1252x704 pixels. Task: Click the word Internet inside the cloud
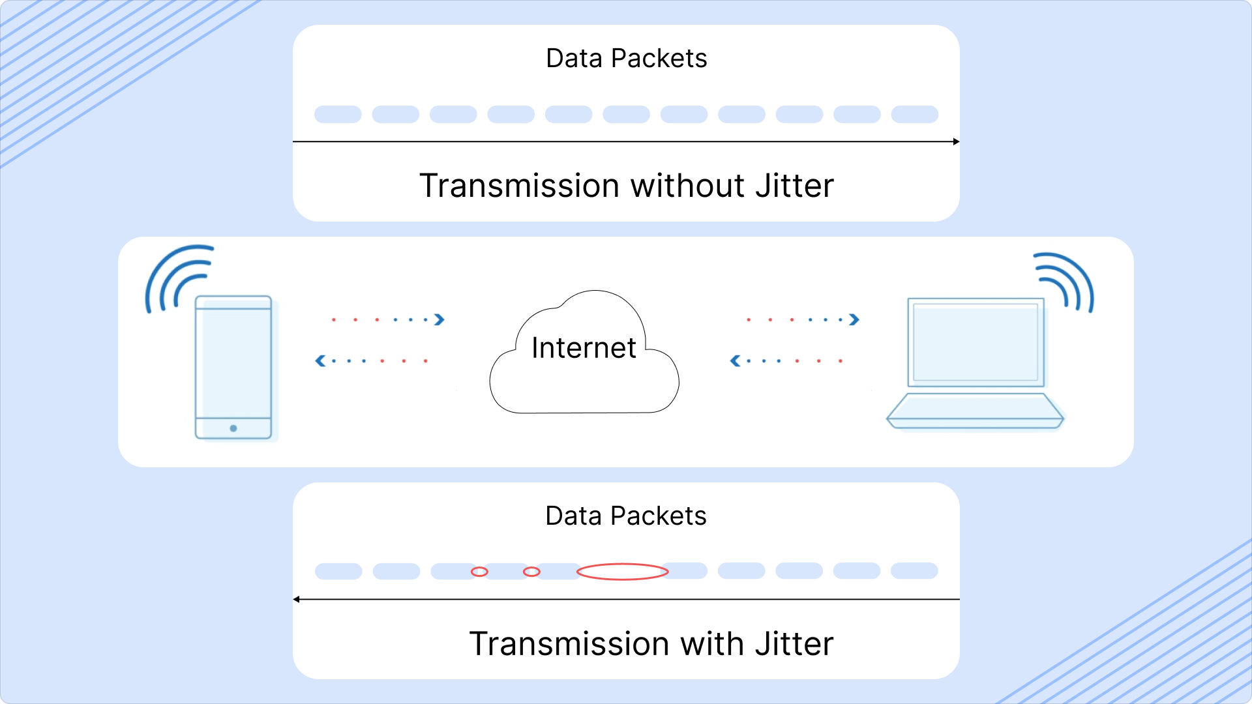(x=584, y=347)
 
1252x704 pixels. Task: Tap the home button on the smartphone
(x=233, y=428)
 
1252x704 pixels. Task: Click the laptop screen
(x=976, y=342)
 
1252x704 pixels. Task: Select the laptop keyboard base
(x=975, y=411)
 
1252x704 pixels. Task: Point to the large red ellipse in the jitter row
(x=623, y=572)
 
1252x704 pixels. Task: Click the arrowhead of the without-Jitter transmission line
(x=956, y=141)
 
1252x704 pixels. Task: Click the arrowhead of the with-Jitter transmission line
(x=297, y=599)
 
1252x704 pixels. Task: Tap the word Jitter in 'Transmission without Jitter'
(x=794, y=186)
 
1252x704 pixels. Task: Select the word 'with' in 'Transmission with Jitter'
(x=712, y=644)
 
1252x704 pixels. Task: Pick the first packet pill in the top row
(x=338, y=115)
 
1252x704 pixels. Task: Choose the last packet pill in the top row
(x=914, y=115)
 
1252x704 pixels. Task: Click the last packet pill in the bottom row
(x=914, y=571)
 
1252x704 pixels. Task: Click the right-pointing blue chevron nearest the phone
(x=440, y=319)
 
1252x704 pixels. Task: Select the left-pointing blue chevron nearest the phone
(x=320, y=360)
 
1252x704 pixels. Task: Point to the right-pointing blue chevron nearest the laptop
(x=854, y=319)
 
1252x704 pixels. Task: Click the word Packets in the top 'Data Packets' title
(x=659, y=59)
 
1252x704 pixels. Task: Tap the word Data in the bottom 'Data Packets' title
(x=573, y=516)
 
